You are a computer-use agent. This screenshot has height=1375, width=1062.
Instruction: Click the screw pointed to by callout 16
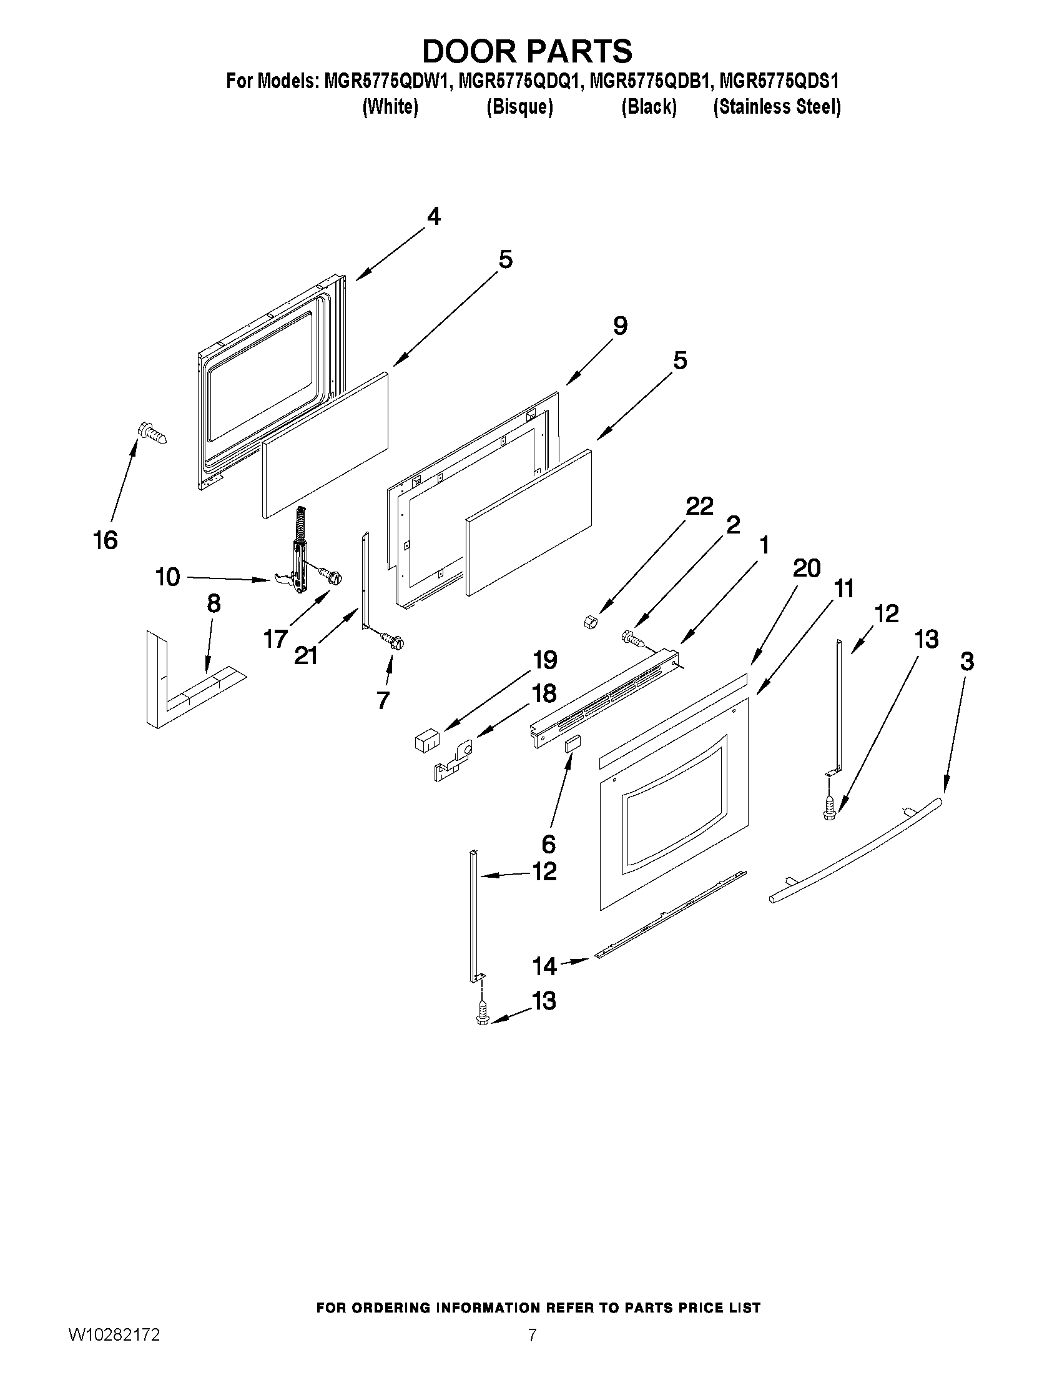tap(152, 434)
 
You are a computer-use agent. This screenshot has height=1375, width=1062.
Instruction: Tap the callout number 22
tap(699, 506)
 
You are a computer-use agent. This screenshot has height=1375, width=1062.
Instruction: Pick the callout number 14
tap(544, 965)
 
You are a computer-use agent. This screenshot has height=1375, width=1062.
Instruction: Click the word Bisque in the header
tap(519, 107)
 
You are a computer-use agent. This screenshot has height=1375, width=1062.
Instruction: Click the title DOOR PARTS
tap(527, 52)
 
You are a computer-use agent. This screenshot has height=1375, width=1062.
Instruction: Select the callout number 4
tap(433, 217)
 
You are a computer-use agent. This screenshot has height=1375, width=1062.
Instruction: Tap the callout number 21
tap(306, 656)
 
